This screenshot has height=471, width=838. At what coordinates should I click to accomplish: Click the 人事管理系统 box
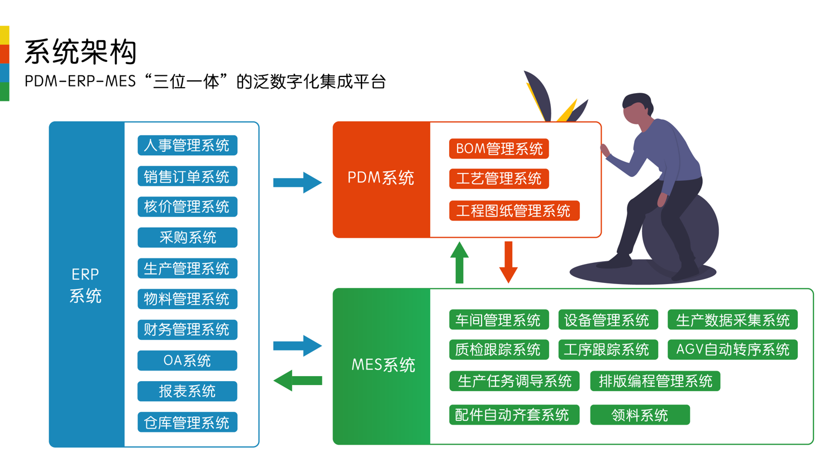pyautogui.click(x=187, y=146)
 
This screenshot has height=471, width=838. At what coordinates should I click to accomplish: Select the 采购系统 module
pyautogui.click(x=187, y=238)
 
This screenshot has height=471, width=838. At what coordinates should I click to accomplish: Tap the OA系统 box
pyautogui.click(x=187, y=361)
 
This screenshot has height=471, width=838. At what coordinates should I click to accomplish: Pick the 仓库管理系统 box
pyautogui.click(x=187, y=422)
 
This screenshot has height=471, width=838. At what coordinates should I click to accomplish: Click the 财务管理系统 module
pyautogui.click(x=187, y=330)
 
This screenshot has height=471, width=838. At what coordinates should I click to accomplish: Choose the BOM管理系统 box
pyautogui.click(x=499, y=149)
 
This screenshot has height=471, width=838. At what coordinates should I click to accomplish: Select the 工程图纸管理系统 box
pyautogui.click(x=514, y=211)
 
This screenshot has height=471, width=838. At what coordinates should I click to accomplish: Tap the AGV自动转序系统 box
pyautogui.click(x=732, y=350)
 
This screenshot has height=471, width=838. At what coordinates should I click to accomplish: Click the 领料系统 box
pyautogui.click(x=640, y=415)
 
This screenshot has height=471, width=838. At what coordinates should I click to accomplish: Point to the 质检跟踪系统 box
pyautogui.click(x=498, y=350)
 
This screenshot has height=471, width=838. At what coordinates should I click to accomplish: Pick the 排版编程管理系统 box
pyautogui.click(x=655, y=381)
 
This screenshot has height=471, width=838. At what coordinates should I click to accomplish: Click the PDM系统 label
pyautogui.click(x=381, y=178)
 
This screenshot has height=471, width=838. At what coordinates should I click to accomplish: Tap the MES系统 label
pyautogui.click(x=383, y=365)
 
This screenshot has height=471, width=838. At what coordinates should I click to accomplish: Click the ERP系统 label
pyautogui.click(x=85, y=285)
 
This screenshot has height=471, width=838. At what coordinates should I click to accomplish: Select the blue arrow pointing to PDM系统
pyautogui.click(x=297, y=182)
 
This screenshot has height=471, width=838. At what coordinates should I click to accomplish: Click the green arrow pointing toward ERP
pyautogui.click(x=297, y=381)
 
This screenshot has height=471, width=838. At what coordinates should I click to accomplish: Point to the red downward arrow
pyautogui.click(x=508, y=262)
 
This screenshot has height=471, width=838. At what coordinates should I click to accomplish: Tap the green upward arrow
pyautogui.click(x=459, y=262)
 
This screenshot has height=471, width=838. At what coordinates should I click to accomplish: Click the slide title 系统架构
pyautogui.click(x=81, y=52)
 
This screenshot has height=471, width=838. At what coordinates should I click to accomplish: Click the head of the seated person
pyautogui.click(x=637, y=108)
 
